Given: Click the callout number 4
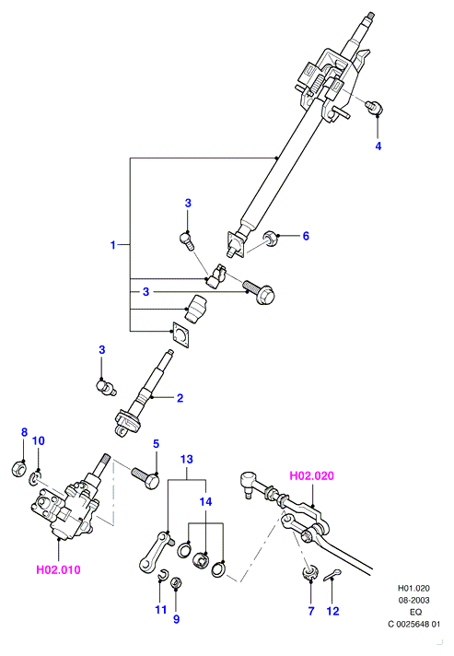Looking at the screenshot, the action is click(x=378, y=146).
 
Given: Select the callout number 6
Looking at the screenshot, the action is click(x=306, y=236).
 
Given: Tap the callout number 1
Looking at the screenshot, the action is click(x=113, y=245).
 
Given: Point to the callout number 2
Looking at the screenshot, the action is click(x=180, y=398).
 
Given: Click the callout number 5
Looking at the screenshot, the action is click(x=156, y=443).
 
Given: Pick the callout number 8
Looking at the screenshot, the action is click(x=24, y=432).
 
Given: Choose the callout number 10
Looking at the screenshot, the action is click(x=38, y=440).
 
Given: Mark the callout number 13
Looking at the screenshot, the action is click(x=186, y=459).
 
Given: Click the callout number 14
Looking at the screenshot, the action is click(x=205, y=501).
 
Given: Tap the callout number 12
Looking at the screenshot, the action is click(x=332, y=611).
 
